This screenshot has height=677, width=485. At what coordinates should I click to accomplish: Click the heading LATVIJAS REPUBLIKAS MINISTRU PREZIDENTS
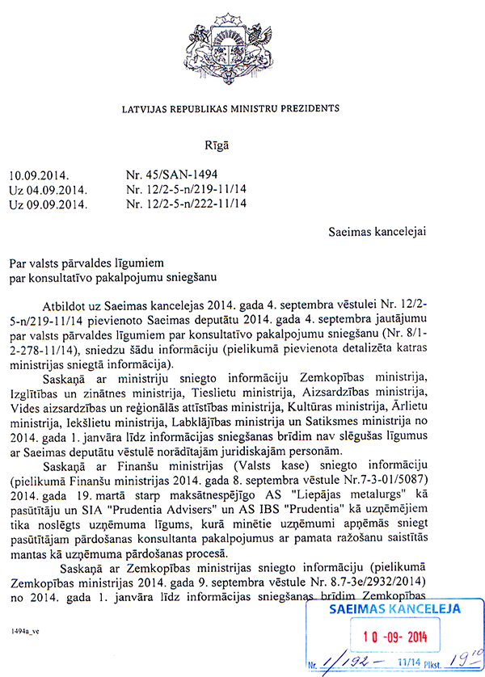tap(230, 107)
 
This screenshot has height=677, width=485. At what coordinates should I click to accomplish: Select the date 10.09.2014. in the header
tap(39, 175)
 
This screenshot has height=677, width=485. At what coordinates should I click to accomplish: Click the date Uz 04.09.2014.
tap(47, 190)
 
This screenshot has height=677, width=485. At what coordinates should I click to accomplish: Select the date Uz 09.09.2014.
tap(47, 204)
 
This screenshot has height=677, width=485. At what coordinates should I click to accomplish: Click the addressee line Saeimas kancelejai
tap(377, 233)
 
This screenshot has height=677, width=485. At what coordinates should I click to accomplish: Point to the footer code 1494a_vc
tap(27, 629)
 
